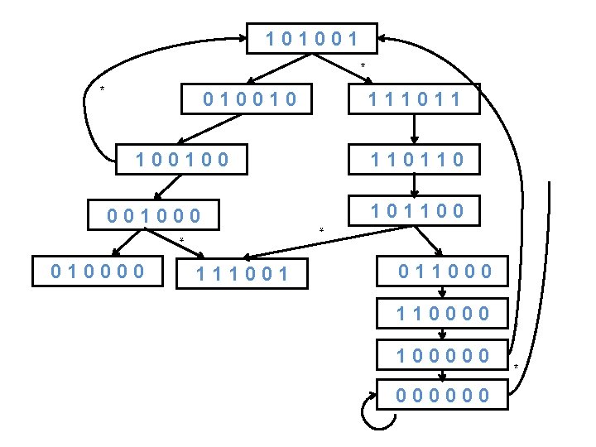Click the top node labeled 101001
(312, 38)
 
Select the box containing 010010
(251, 100)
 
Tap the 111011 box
(413, 100)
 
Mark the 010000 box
(98, 271)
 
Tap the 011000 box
(445, 271)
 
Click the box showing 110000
(445, 314)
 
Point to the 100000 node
(445, 356)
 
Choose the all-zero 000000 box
(445, 395)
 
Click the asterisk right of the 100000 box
(515, 367)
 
